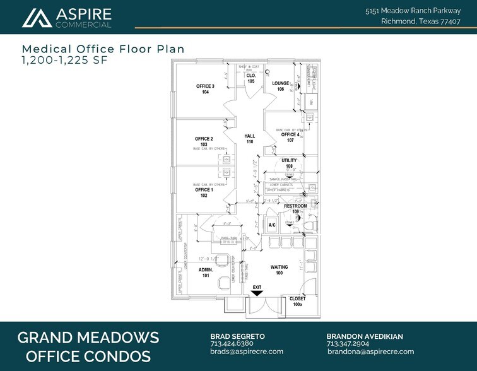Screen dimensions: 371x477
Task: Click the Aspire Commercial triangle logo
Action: click(37, 18)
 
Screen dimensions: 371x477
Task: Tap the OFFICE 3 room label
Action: click(205, 89)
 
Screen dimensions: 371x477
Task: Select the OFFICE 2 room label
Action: click(204, 141)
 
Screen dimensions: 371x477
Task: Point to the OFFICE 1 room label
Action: click(204, 192)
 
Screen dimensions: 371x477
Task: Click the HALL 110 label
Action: click(250, 139)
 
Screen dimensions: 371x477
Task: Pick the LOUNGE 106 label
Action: click(281, 86)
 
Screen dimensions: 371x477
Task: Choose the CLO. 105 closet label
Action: click(250, 78)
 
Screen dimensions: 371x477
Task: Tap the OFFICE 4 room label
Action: click(290, 138)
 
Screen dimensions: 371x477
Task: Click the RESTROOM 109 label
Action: click(295, 209)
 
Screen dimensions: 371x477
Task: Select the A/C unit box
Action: click(273, 225)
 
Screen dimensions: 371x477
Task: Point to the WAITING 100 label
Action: click(279, 270)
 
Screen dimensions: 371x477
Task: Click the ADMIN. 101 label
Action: click(206, 273)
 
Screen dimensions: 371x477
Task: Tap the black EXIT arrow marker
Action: click(257, 291)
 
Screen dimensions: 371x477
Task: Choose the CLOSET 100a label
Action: click(297, 302)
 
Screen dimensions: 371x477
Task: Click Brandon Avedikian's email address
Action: click(370, 351)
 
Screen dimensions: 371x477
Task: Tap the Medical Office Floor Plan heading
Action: click(103, 49)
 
